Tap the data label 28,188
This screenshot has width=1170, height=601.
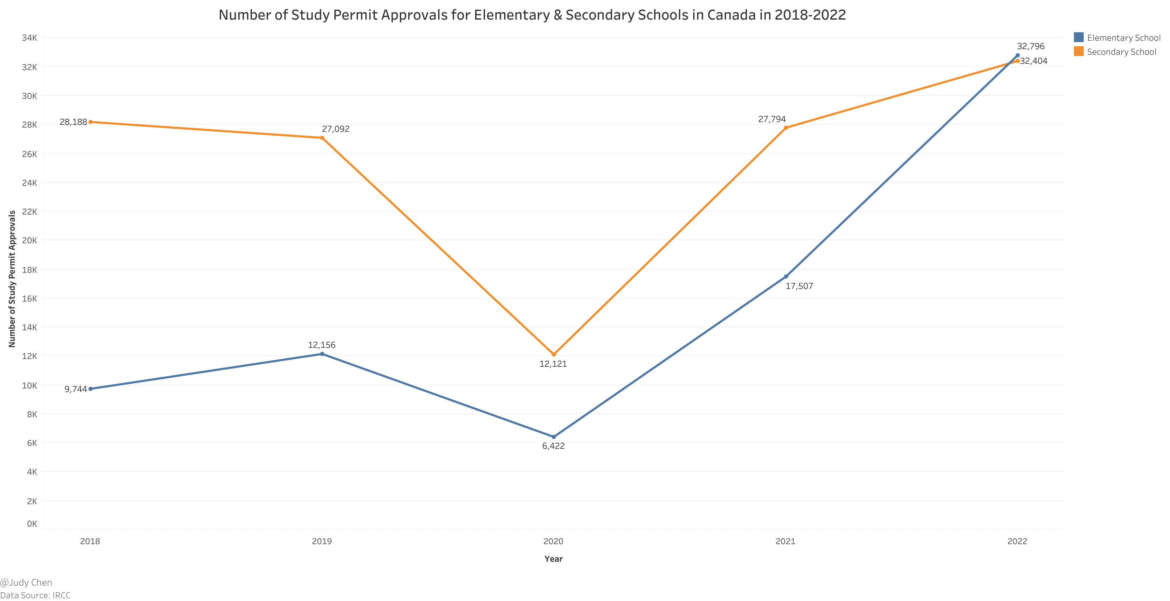pyautogui.click(x=73, y=122)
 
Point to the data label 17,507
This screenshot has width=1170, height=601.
pyautogui.click(x=799, y=286)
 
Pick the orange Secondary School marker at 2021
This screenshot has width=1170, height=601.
pyautogui.click(x=786, y=128)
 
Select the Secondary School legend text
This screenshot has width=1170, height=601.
pyautogui.click(x=1121, y=52)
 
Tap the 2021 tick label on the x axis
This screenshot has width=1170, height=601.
pyautogui.click(x=785, y=541)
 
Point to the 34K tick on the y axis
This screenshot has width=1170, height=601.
pyautogui.click(x=29, y=38)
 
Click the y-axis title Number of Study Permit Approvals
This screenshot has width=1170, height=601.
pyautogui.click(x=12, y=279)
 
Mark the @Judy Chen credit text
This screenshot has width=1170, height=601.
pyautogui.click(x=26, y=582)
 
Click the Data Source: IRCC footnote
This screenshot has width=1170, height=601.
pyautogui.click(x=35, y=595)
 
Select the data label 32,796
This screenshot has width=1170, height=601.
pyautogui.click(x=1030, y=46)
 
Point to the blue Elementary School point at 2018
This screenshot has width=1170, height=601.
pyautogui.click(x=90, y=389)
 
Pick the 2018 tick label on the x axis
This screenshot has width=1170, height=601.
pyautogui.click(x=90, y=541)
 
